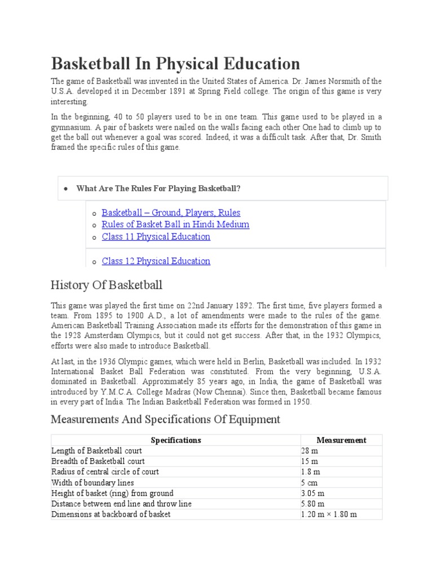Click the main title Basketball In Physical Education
(175, 63)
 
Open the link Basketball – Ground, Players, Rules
(171, 212)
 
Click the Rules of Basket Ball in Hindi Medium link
(175, 224)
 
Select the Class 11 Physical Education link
(156, 237)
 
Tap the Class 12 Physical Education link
(156, 261)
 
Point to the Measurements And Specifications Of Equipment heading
(165, 419)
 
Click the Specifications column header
(176, 440)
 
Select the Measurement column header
(341, 440)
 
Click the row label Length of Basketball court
(96, 451)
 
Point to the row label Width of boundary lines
(92, 482)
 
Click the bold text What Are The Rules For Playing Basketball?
(158, 188)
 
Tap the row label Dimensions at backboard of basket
(111, 514)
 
